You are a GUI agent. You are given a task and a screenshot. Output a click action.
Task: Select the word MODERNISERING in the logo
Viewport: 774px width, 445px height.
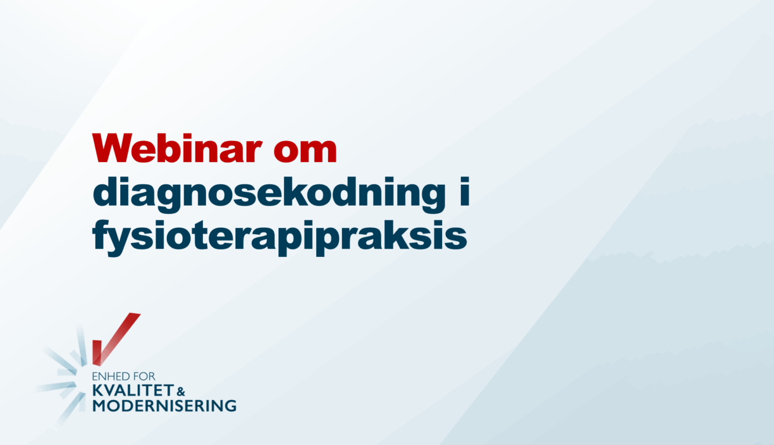coord(164,406)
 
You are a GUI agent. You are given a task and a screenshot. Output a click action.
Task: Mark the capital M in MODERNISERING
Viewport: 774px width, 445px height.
coord(99,406)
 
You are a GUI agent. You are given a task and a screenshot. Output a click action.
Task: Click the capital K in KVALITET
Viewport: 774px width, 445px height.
coord(97,391)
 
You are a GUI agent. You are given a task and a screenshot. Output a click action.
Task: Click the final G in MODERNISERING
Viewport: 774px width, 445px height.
coord(230,406)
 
